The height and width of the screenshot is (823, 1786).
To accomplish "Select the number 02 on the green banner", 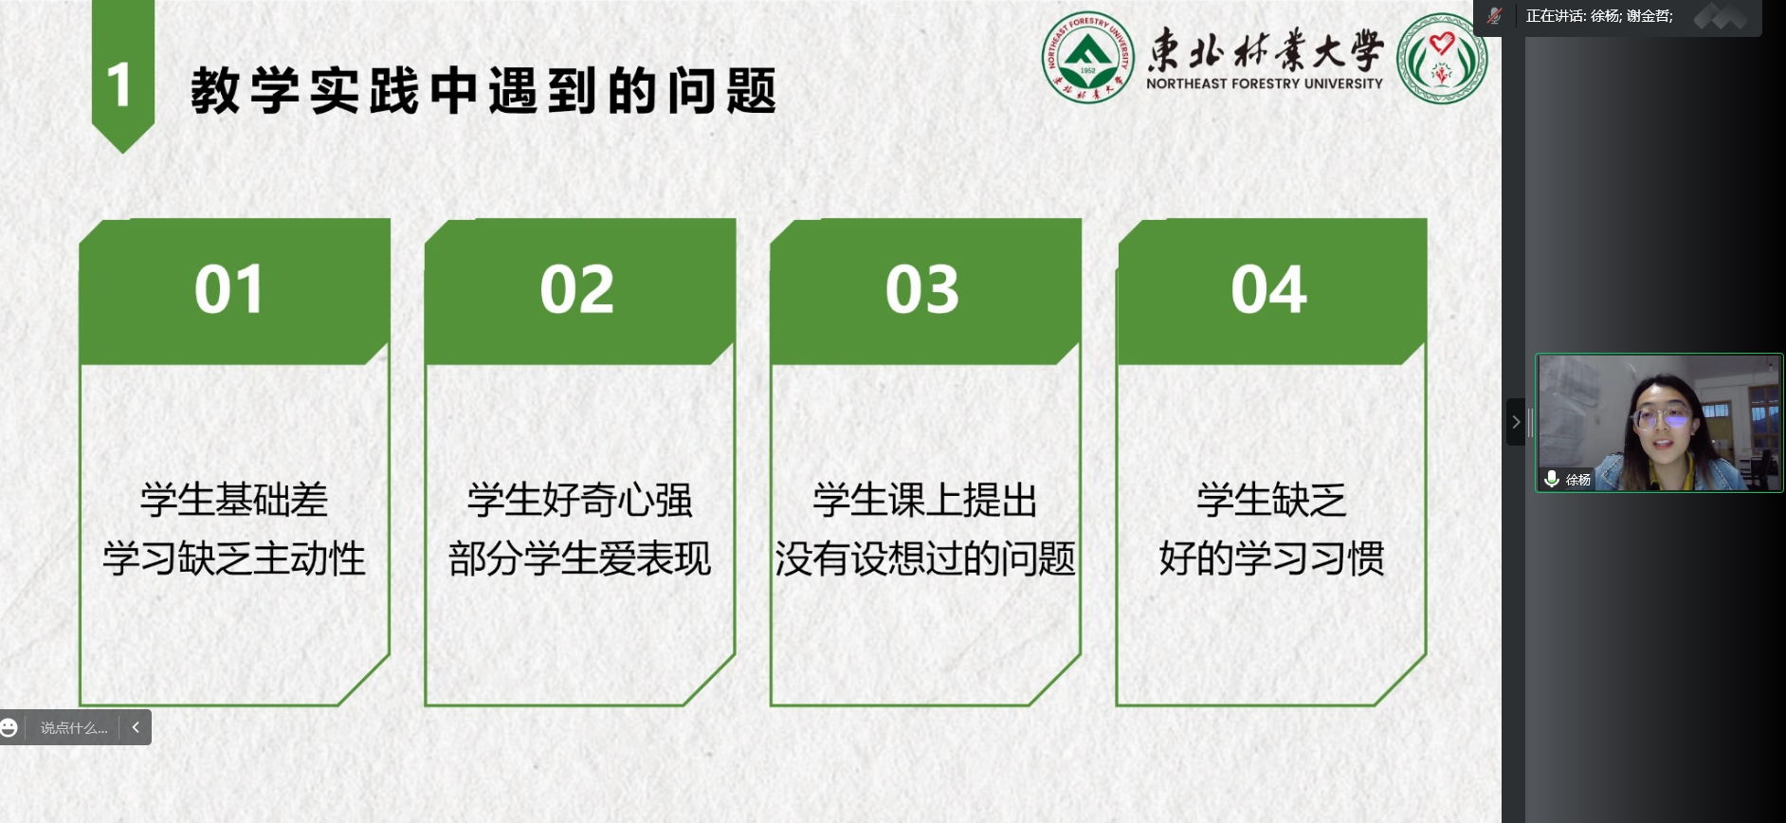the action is pos(577,290).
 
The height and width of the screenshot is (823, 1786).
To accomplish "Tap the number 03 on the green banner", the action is pos(922,290).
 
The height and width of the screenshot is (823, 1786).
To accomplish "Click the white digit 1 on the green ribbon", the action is pos(119,85).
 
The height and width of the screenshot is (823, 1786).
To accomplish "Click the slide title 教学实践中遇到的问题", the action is pos(484,91).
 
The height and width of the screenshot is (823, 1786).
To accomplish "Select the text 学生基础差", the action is pos(234,500).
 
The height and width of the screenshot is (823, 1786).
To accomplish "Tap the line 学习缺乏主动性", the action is pos(234,558).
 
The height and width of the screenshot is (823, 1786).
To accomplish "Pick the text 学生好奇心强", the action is pos(580,500).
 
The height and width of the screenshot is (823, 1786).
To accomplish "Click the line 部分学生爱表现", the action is pos(580,558).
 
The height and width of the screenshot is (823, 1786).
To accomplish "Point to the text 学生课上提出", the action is pos(925,500).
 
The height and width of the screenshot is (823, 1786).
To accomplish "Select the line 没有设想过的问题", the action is pos(925,558).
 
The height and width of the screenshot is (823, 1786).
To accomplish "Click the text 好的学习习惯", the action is pos(1271,558).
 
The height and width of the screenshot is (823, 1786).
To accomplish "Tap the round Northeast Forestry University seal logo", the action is pos(1087,57).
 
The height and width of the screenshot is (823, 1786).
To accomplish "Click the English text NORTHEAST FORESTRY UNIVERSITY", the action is pos(1265,83).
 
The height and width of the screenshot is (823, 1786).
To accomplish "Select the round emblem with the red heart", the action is pos(1442,58).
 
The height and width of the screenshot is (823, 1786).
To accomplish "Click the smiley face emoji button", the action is pos(9,727).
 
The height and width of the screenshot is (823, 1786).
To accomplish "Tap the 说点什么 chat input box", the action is pos(74,728).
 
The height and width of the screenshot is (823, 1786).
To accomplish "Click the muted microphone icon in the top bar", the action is pos(1495,15).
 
